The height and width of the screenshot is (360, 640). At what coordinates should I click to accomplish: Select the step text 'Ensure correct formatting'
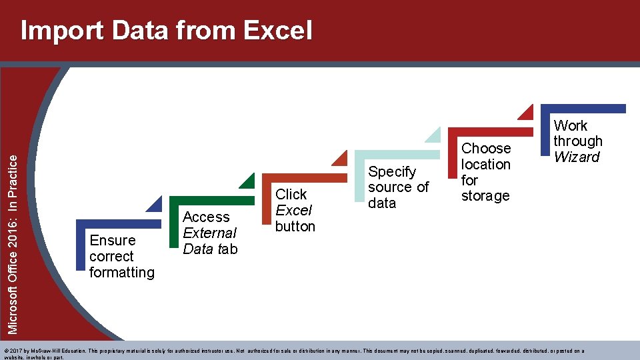point(121,256)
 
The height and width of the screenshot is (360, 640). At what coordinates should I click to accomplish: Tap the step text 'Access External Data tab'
point(209,233)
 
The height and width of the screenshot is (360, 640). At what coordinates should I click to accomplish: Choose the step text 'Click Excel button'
point(295,210)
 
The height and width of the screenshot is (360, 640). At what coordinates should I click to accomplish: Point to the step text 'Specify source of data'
point(398,187)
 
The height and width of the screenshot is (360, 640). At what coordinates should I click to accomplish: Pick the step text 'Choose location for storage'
point(486,172)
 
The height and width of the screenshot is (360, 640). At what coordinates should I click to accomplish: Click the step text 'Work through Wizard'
point(577,141)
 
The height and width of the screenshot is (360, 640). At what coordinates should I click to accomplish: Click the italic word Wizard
point(577,157)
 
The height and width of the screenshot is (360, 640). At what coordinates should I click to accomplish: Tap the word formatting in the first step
point(121,272)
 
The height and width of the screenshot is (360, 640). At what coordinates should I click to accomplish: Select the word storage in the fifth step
point(485,196)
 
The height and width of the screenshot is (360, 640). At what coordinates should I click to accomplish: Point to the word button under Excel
point(295,226)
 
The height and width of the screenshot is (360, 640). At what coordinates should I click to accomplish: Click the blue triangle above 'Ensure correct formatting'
point(155,205)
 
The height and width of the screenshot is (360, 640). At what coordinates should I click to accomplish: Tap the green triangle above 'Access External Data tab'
point(248,181)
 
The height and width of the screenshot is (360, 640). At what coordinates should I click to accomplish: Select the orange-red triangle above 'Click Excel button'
point(341,159)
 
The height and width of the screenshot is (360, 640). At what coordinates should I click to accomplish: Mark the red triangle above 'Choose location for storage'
point(527,112)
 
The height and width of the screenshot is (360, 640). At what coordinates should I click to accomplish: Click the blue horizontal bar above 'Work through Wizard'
point(583,109)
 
